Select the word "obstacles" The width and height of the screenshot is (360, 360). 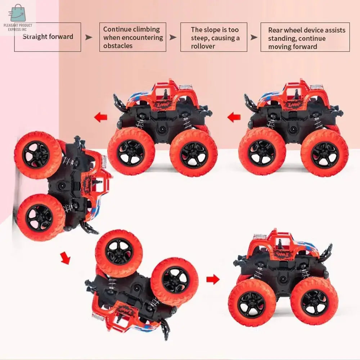[118, 46]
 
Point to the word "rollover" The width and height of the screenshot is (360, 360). [203, 46]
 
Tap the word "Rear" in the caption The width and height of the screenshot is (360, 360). [275, 30]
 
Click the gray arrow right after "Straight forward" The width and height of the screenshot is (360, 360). [89, 37]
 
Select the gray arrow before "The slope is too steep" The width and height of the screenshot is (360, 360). [173, 37]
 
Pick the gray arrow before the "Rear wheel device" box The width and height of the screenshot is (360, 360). [254, 37]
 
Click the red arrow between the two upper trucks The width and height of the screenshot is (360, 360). [234, 117]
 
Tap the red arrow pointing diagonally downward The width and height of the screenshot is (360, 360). [65, 258]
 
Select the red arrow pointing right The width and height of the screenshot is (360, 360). [213, 279]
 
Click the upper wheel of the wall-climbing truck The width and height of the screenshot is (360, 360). [38, 155]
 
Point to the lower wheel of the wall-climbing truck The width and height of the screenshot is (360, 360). [41, 217]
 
